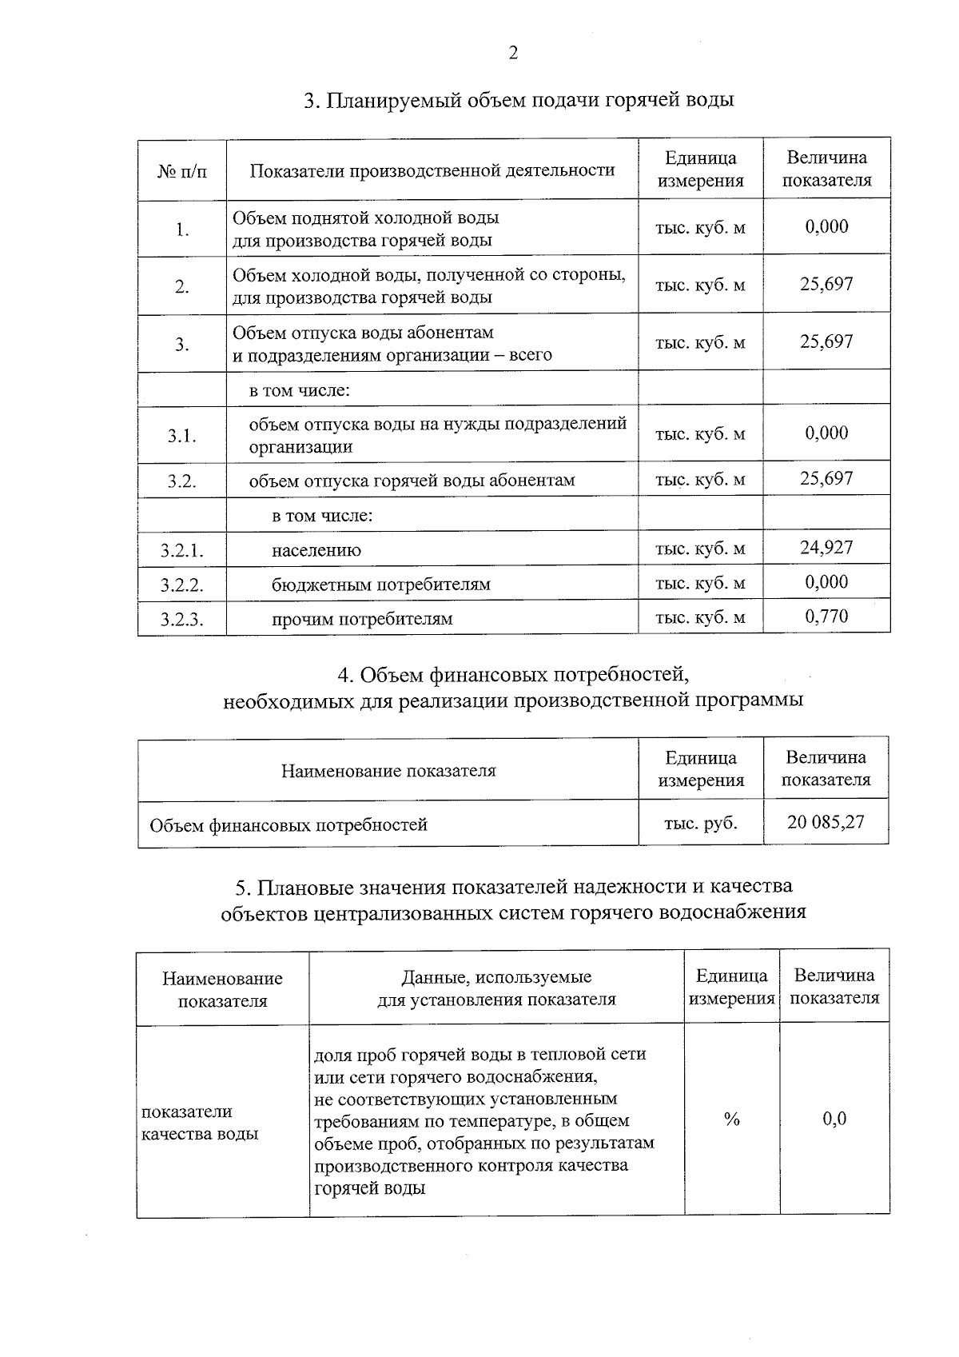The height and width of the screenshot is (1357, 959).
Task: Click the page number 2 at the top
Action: click(x=513, y=54)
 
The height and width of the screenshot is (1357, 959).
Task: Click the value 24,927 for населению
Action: click(x=826, y=548)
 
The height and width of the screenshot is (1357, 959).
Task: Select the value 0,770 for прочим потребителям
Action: click(x=826, y=617)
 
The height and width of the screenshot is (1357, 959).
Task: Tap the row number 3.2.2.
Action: click(x=181, y=585)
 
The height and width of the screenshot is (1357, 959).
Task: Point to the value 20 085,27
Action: click(x=826, y=822)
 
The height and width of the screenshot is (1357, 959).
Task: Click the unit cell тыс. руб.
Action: click(x=700, y=823)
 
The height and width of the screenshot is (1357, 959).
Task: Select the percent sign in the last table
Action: click(x=731, y=1120)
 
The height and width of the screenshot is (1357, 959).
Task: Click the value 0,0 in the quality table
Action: click(x=834, y=1119)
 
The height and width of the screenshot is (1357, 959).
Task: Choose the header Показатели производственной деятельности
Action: click(x=432, y=170)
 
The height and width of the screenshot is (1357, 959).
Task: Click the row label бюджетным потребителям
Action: click(x=380, y=585)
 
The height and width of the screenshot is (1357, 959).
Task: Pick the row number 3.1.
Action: click(x=181, y=437)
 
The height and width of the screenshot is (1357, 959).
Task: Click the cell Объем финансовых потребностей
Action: click(x=288, y=824)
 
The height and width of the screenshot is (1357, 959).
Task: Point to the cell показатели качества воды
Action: click(x=200, y=1122)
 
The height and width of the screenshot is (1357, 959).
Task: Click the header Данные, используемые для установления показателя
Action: click(x=496, y=988)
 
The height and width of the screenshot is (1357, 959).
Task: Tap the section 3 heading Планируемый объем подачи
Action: click(x=519, y=101)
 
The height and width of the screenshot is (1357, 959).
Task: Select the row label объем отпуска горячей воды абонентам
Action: click(x=412, y=481)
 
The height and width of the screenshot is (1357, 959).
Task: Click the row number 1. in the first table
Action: click(x=182, y=230)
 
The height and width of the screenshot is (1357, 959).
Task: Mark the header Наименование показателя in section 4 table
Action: click(x=388, y=771)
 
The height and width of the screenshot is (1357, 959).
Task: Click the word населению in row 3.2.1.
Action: click(x=316, y=550)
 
